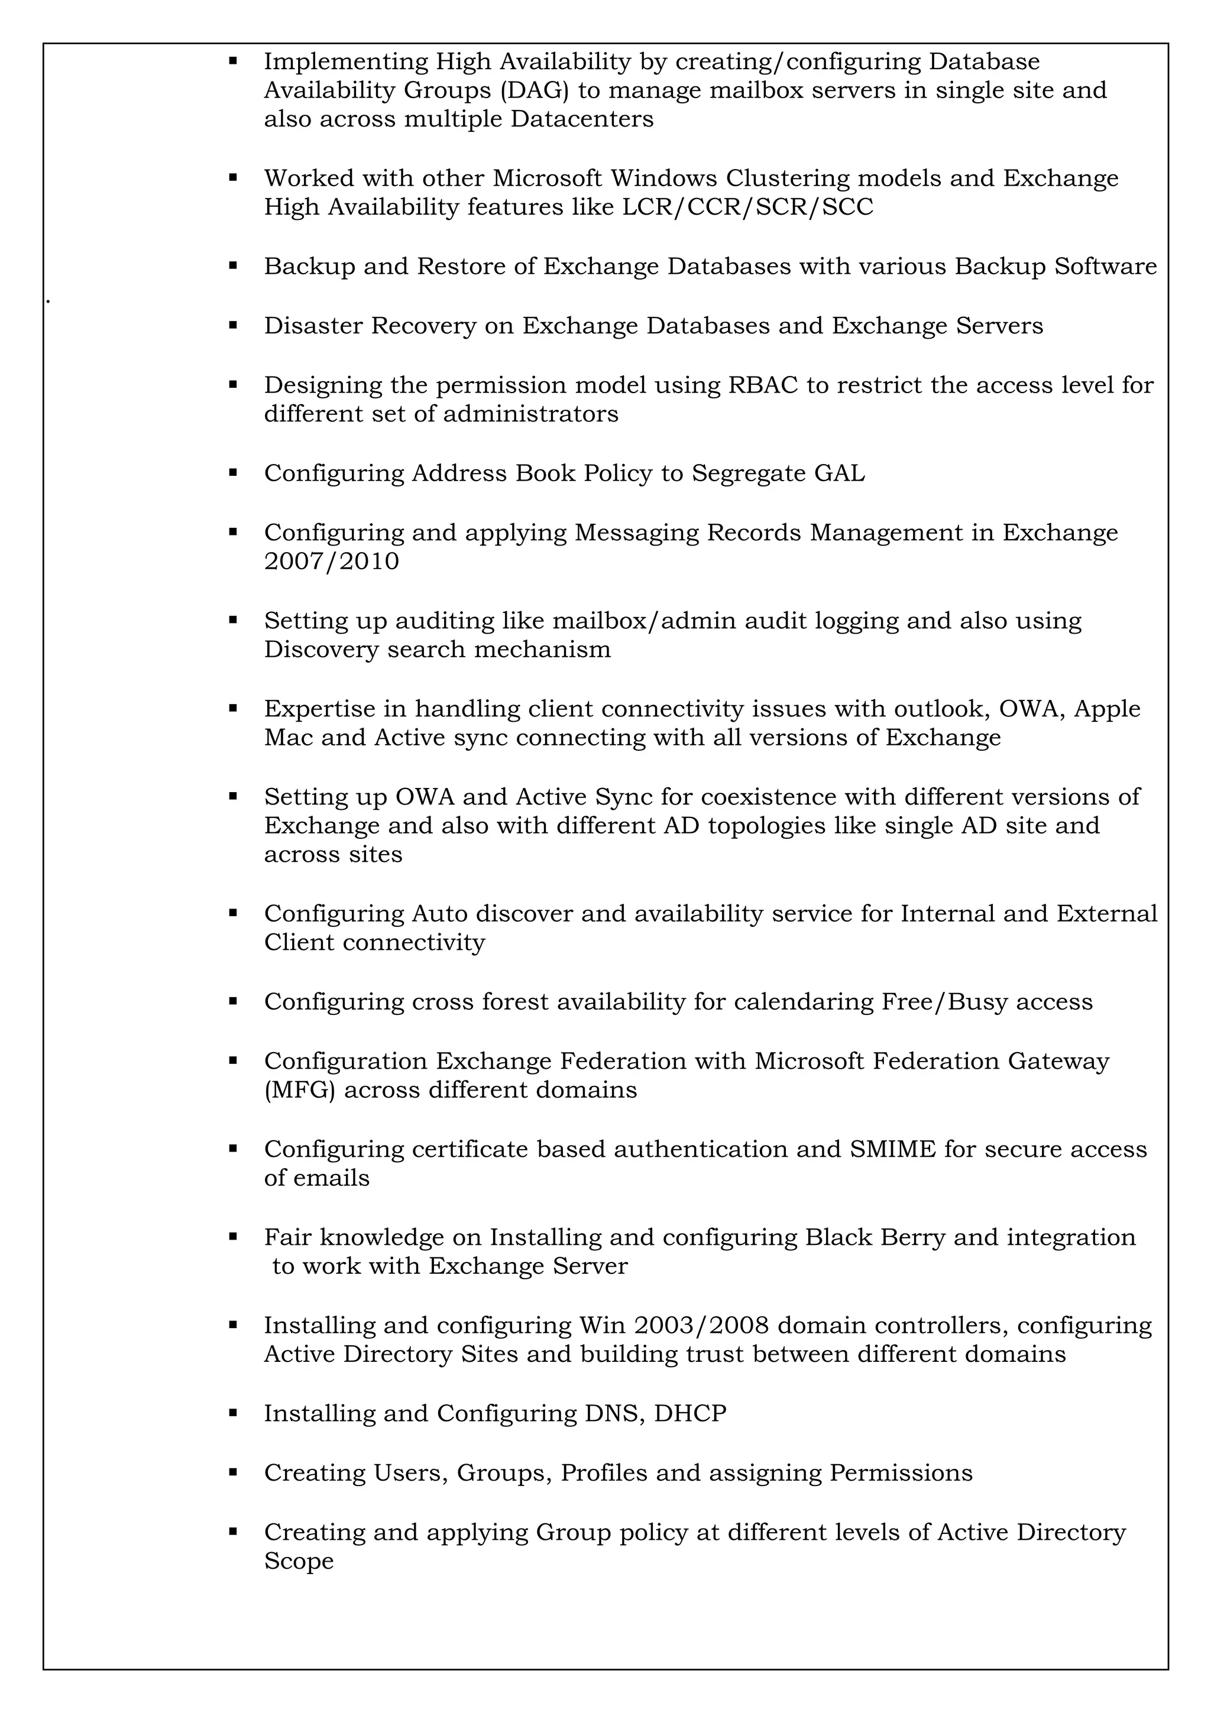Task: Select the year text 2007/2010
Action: pyautogui.click(x=331, y=561)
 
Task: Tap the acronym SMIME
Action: pyautogui.click(x=892, y=1149)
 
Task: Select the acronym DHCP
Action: pyautogui.click(x=689, y=1413)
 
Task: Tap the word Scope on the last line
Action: pyautogui.click(x=299, y=1561)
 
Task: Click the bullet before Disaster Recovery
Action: pyautogui.click(x=233, y=325)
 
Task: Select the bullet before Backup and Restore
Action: pyautogui.click(x=233, y=265)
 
